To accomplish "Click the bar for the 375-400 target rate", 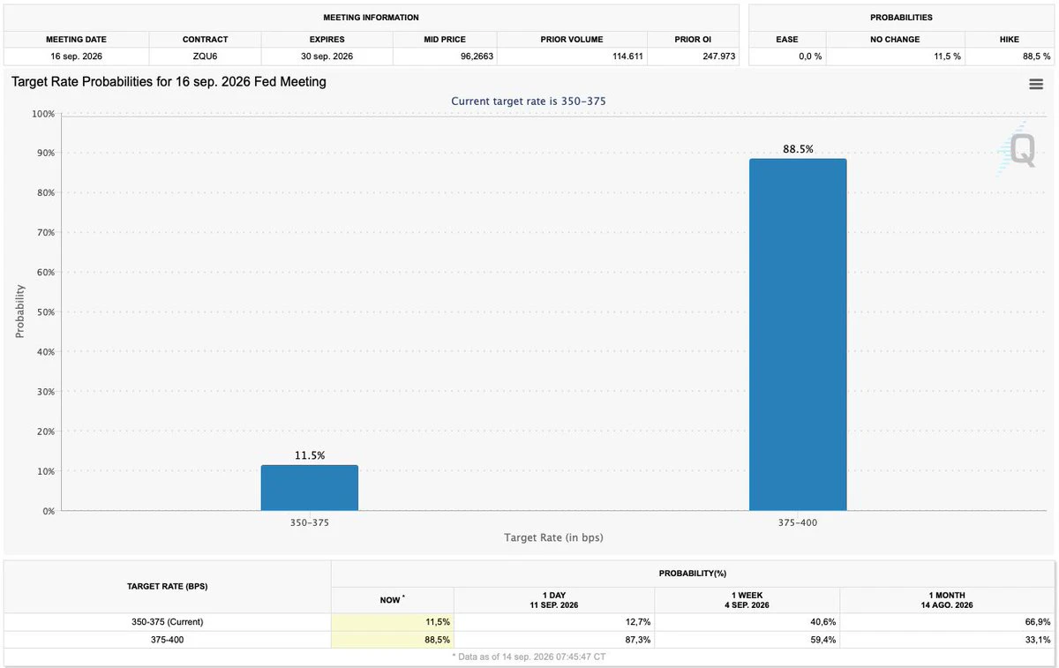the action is pyautogui.click(x=798, y=334).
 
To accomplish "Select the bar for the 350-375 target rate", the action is pyautogui.click(x=310, y=488).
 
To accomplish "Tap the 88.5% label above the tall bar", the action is pyautogui.click(x=798, y=149).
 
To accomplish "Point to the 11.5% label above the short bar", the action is pyautogui.click(x=310, y=455).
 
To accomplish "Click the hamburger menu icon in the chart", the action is pyautogui.click(x=1036, y=84).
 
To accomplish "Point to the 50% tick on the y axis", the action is pyautogui.click(x=46, y=312).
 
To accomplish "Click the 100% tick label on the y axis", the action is pyautogui.click(x=43, y=114).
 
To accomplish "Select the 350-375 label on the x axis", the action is pyautogui.click(x=309, y=522).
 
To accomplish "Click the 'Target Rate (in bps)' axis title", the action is pyautogui.click(x=553, y=537).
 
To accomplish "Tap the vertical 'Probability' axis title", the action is pyautogui.click(x=19, y=311).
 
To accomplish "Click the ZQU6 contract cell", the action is pyautogui.click(x=205, y=56).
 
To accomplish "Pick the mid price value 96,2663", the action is pyautogui.click(x=477, y=56).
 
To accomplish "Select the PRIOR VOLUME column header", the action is pyautogui.click(x=572, y=39).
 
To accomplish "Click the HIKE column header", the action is pyautogui.click(x=1010, y=39).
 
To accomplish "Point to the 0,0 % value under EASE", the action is pyautogui.click(x=810, y=56).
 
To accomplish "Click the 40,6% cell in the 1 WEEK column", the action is pyautogui.click(x=822, y=621).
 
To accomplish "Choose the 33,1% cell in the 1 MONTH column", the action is pyautogui.click(x=1038, y=640).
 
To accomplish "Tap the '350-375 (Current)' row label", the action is pyautogui.click(x=168, y=621).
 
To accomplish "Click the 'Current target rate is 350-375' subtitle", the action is pyautogui.click(x=528, y=101).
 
